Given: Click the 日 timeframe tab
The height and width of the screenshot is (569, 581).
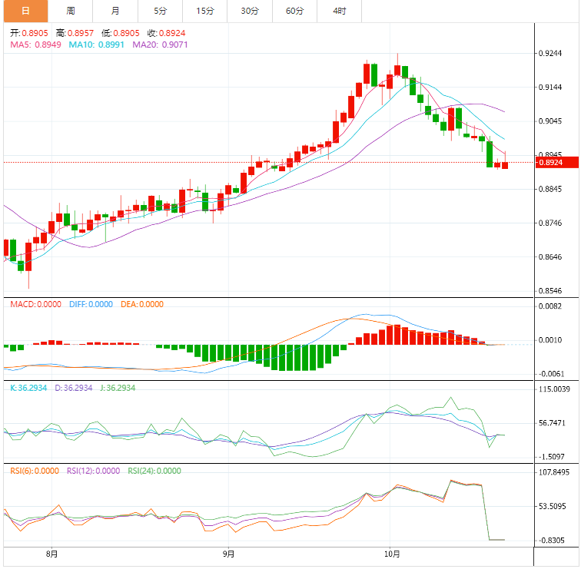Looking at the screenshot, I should click(x=25, y=11).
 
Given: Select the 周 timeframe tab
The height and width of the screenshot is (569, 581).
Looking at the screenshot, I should click(x=71, y=11).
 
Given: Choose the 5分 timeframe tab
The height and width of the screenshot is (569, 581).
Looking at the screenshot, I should click(x=160, y=11).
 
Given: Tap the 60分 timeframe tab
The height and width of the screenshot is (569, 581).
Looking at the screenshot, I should click(x=294, y=11).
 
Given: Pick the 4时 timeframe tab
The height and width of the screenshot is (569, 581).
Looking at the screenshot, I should click(x=339, y=11).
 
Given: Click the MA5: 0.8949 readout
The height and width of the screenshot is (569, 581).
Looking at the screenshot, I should click(x=35, y=45).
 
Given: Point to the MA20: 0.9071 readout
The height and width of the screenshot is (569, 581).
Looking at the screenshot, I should click(x=160, y=45).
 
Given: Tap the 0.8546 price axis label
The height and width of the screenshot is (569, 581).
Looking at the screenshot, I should click(x=552, y=291).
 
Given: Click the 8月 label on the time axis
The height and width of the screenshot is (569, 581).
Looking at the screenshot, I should click(x=52, y=554).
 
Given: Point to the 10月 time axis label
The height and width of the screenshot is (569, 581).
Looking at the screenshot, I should click(x=393, y=554).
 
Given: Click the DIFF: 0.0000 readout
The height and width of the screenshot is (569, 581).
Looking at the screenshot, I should click(x=91, y=304).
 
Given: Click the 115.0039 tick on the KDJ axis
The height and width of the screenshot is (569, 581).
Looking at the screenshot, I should click(x=554, y=389).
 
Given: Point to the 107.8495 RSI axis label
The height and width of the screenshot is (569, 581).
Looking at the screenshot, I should click(x=554, y=472).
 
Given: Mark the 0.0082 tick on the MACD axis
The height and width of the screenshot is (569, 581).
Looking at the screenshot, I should click(x=552, y=306).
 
